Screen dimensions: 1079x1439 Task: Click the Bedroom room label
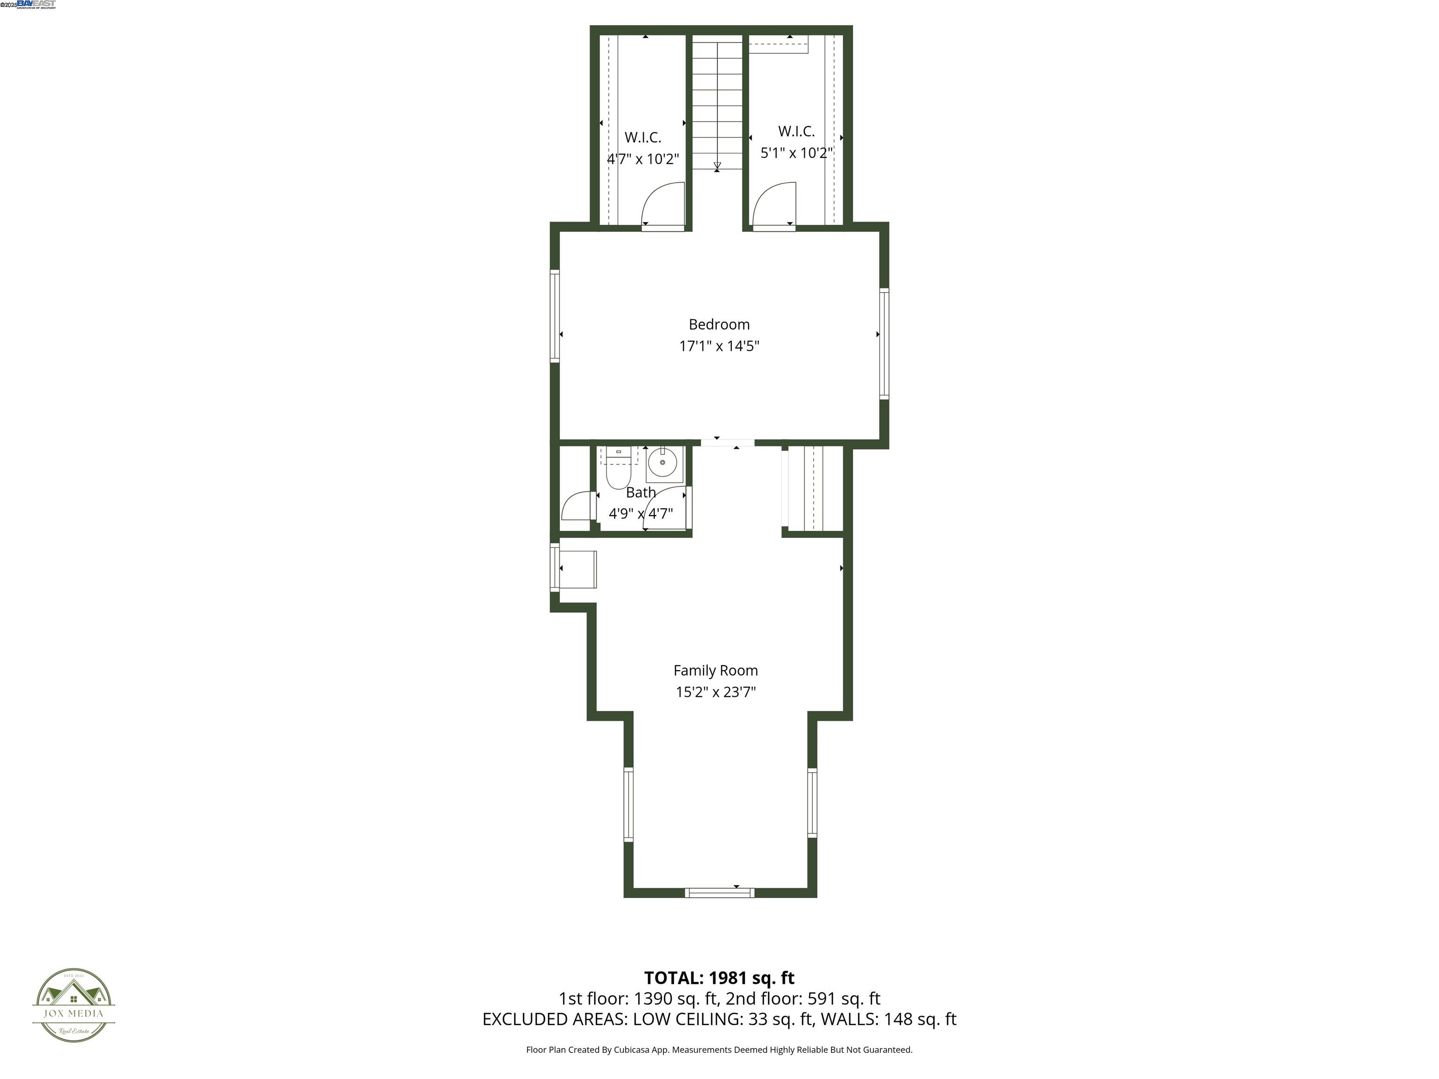click(x=719, y=324)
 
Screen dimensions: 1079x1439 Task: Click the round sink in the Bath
click(x=662, y=462)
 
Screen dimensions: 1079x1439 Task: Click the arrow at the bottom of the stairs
click(x=717, y=167)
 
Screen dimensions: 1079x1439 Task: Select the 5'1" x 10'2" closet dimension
click(x=797, y=153)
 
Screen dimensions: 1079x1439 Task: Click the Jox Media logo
click(x=74, y=1005)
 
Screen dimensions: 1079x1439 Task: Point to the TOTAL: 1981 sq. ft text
click(x=719, y=977)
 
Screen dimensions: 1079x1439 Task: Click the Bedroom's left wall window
click(x=555, y=316)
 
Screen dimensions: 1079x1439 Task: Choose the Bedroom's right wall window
click(x=884, y=343)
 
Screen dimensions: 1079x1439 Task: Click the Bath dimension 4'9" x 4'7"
click(x=641, y=514)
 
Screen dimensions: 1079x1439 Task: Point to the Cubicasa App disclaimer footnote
click(x=719, y=1049)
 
